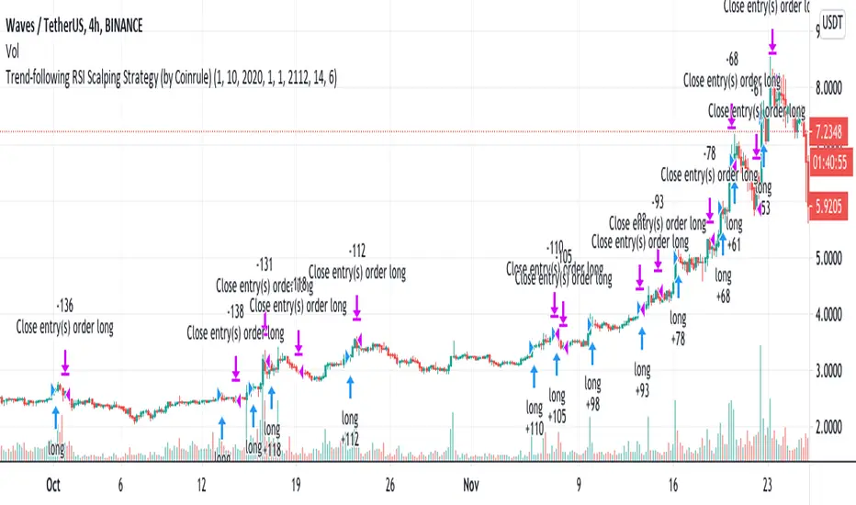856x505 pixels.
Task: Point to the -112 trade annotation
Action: tap(357, 250)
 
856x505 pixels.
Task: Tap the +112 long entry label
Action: tap(350, 439)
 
